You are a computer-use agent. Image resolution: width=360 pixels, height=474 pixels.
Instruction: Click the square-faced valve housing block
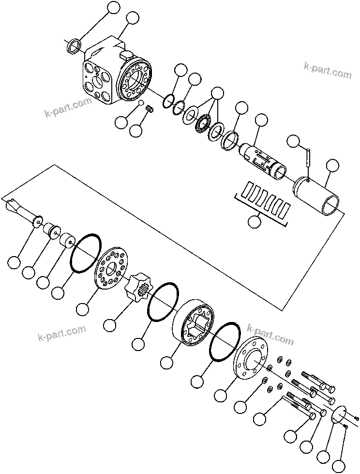99,77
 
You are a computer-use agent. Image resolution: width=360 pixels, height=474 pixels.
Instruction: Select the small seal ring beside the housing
74,47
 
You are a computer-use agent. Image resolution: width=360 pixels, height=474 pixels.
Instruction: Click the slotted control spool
264,160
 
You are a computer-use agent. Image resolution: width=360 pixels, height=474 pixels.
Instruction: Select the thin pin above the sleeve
308,157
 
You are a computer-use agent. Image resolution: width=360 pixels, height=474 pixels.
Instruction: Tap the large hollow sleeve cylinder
317,196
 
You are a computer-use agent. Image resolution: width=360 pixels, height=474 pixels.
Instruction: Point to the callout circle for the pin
293,141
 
